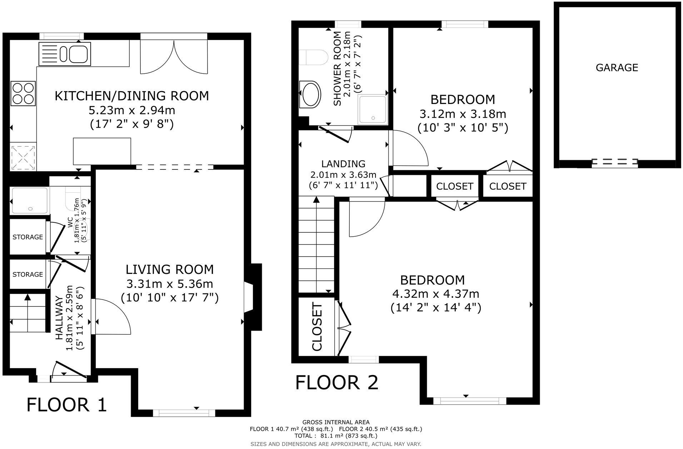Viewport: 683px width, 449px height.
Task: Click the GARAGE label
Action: coord(617,68)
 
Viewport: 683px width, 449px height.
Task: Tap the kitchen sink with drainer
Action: coord(65,54)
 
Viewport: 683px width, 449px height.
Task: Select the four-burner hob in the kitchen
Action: coord(24,93)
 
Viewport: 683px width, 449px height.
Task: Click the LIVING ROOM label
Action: coord(170,269)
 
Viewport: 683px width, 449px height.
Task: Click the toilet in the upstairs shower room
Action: coord(313,57)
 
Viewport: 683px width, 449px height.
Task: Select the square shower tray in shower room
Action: coord(373,110)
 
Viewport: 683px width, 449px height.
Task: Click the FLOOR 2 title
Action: coord(336,383)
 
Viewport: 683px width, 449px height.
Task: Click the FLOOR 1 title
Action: coord(67,405)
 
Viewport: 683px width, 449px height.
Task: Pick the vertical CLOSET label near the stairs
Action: coord(317,326)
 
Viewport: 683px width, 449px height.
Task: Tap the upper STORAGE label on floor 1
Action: coord(28,237)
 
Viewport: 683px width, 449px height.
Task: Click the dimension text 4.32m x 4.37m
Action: coord(435,293)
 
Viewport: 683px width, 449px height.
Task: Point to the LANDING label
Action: coord(343,164)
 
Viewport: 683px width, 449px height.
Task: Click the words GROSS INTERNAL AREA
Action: coord(336,422)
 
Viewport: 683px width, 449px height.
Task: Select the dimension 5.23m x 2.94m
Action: coord(132,110)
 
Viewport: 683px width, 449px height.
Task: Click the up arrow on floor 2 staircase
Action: coord(316,199)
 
